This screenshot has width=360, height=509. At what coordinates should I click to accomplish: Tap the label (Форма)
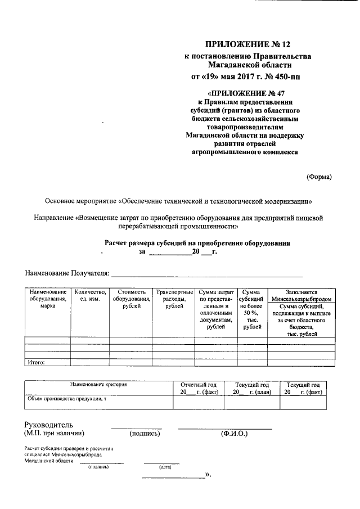click(x=319, y=177)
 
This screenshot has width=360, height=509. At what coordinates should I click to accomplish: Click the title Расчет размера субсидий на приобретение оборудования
click(x=197, y=243)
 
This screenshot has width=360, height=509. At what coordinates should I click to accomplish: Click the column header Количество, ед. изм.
click(x=90, y=295)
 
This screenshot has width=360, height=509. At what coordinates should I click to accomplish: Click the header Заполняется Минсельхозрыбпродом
click(x=301, y=296)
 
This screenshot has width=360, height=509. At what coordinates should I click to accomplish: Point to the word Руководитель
click(x=48, y=425)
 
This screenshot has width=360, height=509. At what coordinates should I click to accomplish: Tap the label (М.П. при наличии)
click(x=54, y=434)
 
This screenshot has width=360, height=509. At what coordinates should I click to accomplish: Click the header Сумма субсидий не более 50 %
click(x=251, y=309)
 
